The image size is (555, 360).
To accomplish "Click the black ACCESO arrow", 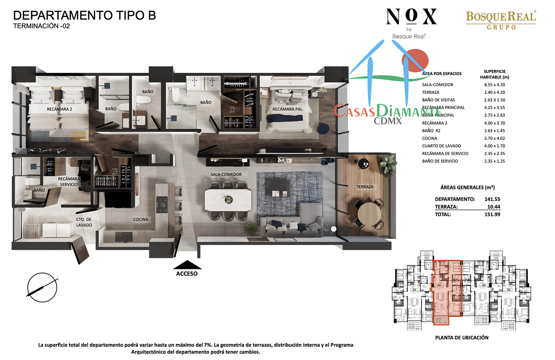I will [187, 265].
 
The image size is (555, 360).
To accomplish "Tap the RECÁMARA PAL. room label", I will [288, 109].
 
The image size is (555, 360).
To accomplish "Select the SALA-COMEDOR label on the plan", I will [226, 174].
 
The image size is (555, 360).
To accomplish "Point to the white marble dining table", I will [228, 200].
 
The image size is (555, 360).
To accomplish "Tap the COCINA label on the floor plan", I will [141, 219].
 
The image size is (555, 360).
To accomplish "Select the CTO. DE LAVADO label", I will [84, 222].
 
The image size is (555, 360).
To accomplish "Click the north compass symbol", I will [42, 287].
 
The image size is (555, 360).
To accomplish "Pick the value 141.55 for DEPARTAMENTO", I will [492, 199].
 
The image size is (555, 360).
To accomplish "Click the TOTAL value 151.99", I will [492, 214].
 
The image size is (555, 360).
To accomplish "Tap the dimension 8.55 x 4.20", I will [494, 85].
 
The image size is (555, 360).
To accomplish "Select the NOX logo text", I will [411, 17].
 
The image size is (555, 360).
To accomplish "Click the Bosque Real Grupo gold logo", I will [501, 20].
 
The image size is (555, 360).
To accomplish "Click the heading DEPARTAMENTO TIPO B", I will [84, 16].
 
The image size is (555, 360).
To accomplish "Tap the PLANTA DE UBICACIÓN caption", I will [462, 337].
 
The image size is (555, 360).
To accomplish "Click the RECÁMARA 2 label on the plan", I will [59, 109].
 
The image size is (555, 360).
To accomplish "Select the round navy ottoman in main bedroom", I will [323, 129].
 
